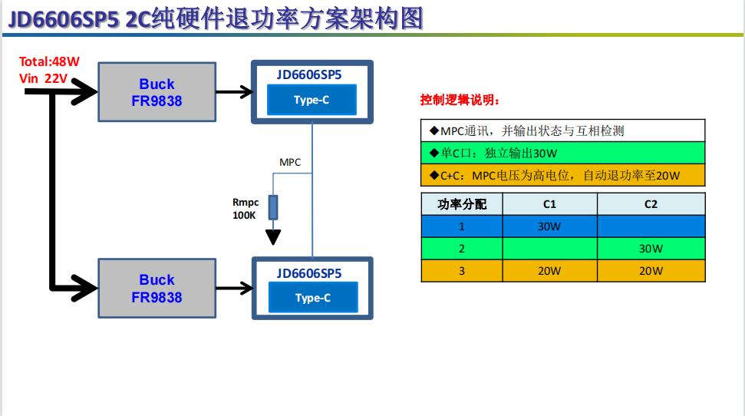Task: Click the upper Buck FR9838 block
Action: pos(157,92)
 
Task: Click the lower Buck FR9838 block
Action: pos(157,288)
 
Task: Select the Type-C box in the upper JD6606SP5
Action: pos(312,100)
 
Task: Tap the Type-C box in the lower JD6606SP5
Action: pos(312,298)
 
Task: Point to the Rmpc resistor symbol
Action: pos(273,208)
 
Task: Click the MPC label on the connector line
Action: pos(290,162)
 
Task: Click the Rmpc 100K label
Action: pos(245,209)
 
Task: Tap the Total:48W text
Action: pos(49,62)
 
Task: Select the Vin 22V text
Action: pos(44,78)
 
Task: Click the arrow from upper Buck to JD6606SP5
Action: pos(234,92)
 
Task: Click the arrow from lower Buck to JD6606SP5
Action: pos(234,289)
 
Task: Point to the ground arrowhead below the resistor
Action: pos(273,236)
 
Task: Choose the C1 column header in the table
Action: pos(549,204)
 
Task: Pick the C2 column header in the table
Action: pos(651,204)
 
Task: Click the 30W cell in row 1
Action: pos(549,226)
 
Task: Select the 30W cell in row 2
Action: pos(651,249)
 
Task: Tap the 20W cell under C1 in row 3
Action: pos(549,271)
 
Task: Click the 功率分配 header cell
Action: pos(462,204)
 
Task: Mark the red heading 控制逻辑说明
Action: pos(460,101)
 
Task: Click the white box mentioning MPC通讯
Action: pos(562,131)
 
